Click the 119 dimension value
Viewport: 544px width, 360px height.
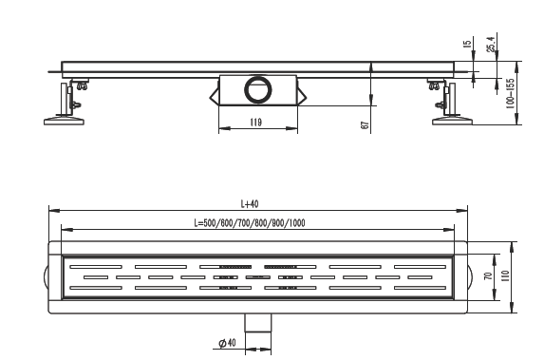pyautogui.click(x=255, y=123)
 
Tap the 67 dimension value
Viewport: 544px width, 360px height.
pyautogui.click(x=365, y=125)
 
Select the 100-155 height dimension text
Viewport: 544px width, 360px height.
pyautogui.click(x=510, y=94)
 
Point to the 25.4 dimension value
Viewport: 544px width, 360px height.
pyautogui.click(x=491, y=44)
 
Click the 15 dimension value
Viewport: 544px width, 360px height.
pyautogui.click(x=467, y=44)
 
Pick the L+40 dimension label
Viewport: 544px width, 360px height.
pyautogui.click(x=250, y=204)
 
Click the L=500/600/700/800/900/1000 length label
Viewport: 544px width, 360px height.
pyautogui.click(x=250, y=223)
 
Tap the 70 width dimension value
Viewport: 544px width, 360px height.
pyautogui.click(x=488, y=276)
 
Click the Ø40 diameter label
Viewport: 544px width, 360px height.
pyautogui.click(x=227, y=343)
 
